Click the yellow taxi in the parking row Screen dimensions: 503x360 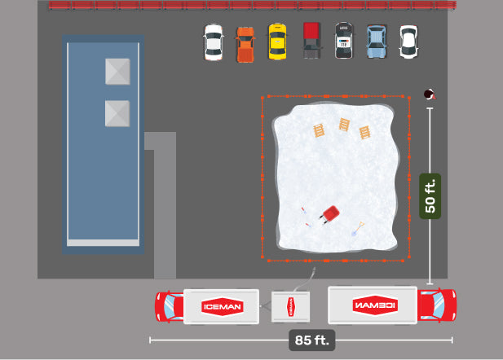[x=277, y=42]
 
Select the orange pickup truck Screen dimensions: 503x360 [x=245, y=45]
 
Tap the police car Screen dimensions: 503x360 [x=343, y=41]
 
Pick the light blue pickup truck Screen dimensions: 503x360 [x=377, y=42]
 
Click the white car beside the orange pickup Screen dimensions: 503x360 [x=214, y=42]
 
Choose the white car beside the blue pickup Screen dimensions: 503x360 [x=408, y=42]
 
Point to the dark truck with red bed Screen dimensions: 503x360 [x=311, y=41]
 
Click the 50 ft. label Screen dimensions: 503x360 [x=430, y=196]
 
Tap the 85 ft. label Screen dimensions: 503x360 [x=311, y=340]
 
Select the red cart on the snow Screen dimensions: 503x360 [x=330, y=214]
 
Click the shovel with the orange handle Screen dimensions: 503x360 [x=358, y=229]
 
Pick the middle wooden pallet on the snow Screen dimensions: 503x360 [x=344, y=125]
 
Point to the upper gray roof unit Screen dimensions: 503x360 [x=117, y=72]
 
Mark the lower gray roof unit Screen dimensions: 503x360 [x=117, y=113]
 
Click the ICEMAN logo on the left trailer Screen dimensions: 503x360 [x=223, y=307]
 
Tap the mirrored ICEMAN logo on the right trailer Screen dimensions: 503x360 [x=375, y=305]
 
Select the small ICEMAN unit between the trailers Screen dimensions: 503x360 [x=291, y=307]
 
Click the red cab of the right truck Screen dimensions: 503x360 [x=437, y=305]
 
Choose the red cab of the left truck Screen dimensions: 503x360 [x=170, y=307]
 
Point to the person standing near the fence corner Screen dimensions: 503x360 [x=430, y=94]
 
